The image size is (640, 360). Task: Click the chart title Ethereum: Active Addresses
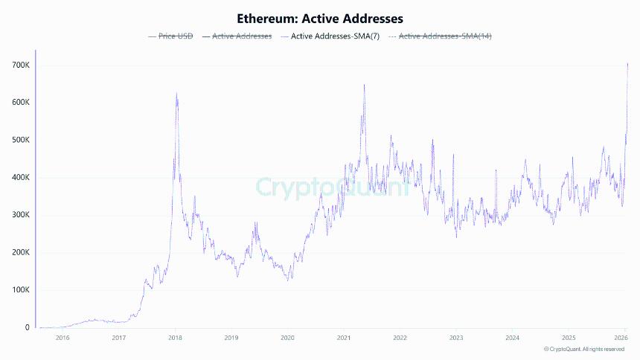click(x=319, y=17)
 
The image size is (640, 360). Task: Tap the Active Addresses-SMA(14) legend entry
click(x=445, y=36)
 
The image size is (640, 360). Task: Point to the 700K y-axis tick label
click(x=19, y=65)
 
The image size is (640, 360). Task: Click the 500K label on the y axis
click(x=19, y=140)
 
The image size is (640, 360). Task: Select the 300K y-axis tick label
click(x=19, y=215)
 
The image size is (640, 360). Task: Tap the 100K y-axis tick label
click(x=19, y=290)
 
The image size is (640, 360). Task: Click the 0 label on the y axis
click(x=27, y=327)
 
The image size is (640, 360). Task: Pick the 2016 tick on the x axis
click(x=62, y=338)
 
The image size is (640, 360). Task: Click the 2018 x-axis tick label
click(x=174, y=338)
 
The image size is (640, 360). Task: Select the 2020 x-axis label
click(x=287, y=338)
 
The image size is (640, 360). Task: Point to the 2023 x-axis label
click(x=456, y=338)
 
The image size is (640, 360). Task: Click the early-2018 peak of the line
click(x=176, y=94)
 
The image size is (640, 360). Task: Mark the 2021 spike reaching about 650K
click(x=364, y=85)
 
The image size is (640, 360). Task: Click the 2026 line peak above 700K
click(x=627, y=63)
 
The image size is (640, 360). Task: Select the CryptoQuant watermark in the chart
click(x=332, y=187)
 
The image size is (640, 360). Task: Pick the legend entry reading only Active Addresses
click(x=242, y=36)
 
